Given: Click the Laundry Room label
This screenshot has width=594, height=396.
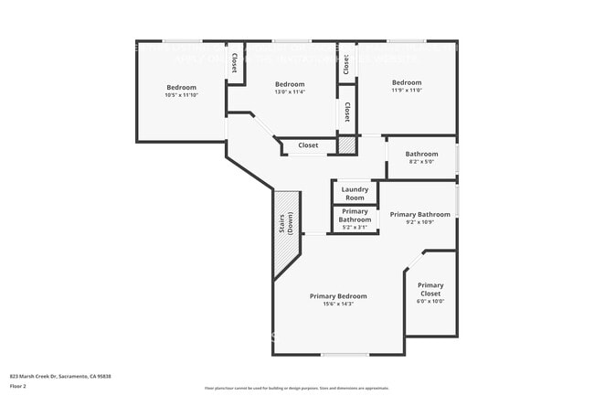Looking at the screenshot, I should pyautogui.click(x=355, y=194).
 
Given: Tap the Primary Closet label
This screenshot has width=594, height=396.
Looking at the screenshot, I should pyautogui.click(x=430, y=290).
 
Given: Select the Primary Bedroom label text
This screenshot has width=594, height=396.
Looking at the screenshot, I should pyautogui.click(x=338, y=296).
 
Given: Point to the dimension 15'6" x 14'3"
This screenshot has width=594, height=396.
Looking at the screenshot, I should pyautogui.click(x=338, y=305).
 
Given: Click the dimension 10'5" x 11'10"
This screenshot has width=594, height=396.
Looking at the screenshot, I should pyautogui.click(x=181, y=95).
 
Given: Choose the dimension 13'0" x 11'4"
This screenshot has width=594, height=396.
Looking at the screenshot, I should pyautogui.click(x=290, y=91).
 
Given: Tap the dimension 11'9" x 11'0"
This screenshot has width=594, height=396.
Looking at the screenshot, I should pyautogui.click(x=407, y=91).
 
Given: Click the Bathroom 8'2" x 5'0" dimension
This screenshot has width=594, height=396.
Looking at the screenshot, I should pyautogui.click(x=421, y=162).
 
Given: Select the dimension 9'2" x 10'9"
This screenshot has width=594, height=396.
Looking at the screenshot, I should pyautogui.click(x=420, y=222).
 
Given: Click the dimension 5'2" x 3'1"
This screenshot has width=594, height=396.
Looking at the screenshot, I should pyautogui.click(x=355, y=227).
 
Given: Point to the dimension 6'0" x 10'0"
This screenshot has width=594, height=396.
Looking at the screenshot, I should pyautogui.click(x=430, y=301).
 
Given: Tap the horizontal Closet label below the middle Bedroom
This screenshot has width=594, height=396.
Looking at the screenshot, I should pyautogui.click(x=308, y=144).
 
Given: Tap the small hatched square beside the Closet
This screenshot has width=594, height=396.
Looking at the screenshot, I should pyautogui.click(x=346, y=144).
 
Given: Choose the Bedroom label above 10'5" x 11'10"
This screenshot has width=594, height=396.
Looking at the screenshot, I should pyautogui.click(x=181, y=87).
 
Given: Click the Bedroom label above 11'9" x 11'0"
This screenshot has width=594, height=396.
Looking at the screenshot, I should pyautogui.click(x=407, y=82).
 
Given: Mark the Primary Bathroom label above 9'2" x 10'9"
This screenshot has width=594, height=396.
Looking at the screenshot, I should pyautogui.click(x=420, y=214).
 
